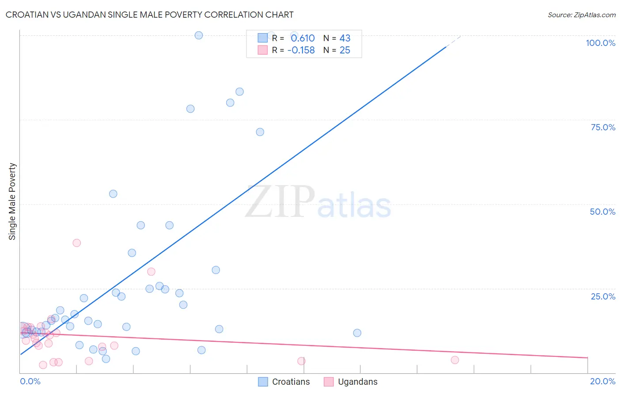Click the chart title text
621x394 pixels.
(x=149, y=15)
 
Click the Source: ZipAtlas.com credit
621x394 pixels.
(x=581, y=15)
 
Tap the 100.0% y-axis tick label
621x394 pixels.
(x=600, y=43)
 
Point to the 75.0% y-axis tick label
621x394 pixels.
(x=603, y=127)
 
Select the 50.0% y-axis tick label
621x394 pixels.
(x=602, y=212)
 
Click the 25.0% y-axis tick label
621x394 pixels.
(x=603, y=296)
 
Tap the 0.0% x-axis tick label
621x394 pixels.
(x=30, y=381)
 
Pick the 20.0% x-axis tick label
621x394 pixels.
(x=602, y=381)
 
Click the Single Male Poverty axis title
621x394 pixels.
(x=12, y=201)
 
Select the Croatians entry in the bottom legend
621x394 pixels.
(x=291, y=382)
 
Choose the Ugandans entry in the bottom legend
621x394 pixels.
(x=357, y=382)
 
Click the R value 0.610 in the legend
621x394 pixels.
(x=303, y=38)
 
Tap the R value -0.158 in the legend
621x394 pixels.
(x=301, y=50)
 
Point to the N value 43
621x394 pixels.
(x=345, y=38)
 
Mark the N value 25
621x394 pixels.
(x=345, y=50)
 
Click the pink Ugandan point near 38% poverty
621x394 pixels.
(x=77, y=243)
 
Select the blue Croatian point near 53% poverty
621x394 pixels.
(x=113, y=194)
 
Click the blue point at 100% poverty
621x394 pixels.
(x=199, y=35)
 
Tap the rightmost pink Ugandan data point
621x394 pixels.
(x=455, y=360)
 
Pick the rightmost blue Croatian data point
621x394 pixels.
(x=357, y=333)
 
